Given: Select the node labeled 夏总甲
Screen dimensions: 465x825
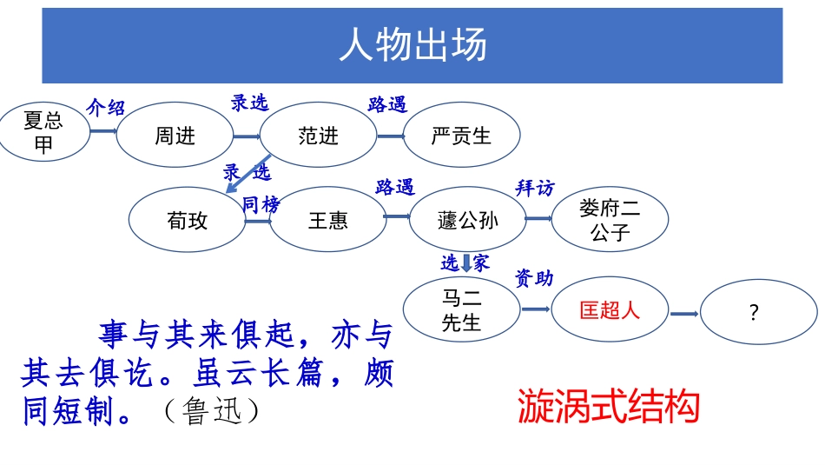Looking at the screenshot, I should pos(43,132).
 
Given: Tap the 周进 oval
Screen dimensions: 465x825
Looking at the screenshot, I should pos(175,136).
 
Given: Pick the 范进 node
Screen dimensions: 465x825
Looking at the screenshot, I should pos(318,136).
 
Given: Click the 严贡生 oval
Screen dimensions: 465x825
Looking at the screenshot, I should pos(461,136).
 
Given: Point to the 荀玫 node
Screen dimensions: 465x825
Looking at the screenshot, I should pos(187,220).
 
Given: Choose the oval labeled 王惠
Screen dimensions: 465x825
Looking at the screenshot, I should pos(327,220).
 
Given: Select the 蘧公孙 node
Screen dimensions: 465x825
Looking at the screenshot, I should pos(467,220).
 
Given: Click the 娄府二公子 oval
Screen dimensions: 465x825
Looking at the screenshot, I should pos(610,220).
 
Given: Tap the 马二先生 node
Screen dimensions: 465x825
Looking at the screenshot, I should pos(461,310).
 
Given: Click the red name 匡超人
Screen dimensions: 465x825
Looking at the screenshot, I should pos(610,310).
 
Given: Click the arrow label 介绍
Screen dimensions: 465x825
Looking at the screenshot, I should pos(105,108).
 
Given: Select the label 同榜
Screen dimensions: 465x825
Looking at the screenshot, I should pos(261,205).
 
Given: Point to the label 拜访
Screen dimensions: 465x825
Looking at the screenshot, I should pos(535,188).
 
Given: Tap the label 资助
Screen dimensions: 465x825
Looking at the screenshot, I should pos(534,278).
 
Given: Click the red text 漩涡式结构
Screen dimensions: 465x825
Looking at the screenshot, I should pos(608,406).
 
